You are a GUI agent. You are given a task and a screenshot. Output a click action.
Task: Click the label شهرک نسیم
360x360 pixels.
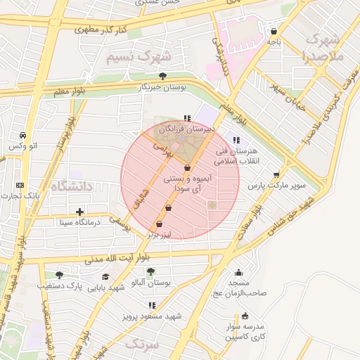(139, 56)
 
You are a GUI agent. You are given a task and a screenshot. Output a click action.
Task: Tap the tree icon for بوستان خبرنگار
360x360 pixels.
(163, 76)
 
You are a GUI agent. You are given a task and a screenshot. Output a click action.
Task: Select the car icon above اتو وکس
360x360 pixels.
(23, 135)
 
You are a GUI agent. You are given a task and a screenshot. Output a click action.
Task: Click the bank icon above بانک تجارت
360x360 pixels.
(20, 185)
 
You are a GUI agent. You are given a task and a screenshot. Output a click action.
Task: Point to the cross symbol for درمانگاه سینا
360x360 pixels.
(79, 211)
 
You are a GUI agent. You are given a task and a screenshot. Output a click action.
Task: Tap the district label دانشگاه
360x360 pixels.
(72, 186)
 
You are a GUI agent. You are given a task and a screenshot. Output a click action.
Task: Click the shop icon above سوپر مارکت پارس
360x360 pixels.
(276, 175)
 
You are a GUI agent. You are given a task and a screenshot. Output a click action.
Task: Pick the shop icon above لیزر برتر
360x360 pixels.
(159, 224)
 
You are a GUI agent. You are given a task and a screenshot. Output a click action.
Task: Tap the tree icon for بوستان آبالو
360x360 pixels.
(151, 271)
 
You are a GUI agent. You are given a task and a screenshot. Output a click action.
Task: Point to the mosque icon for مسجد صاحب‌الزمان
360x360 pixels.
(238, 273)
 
